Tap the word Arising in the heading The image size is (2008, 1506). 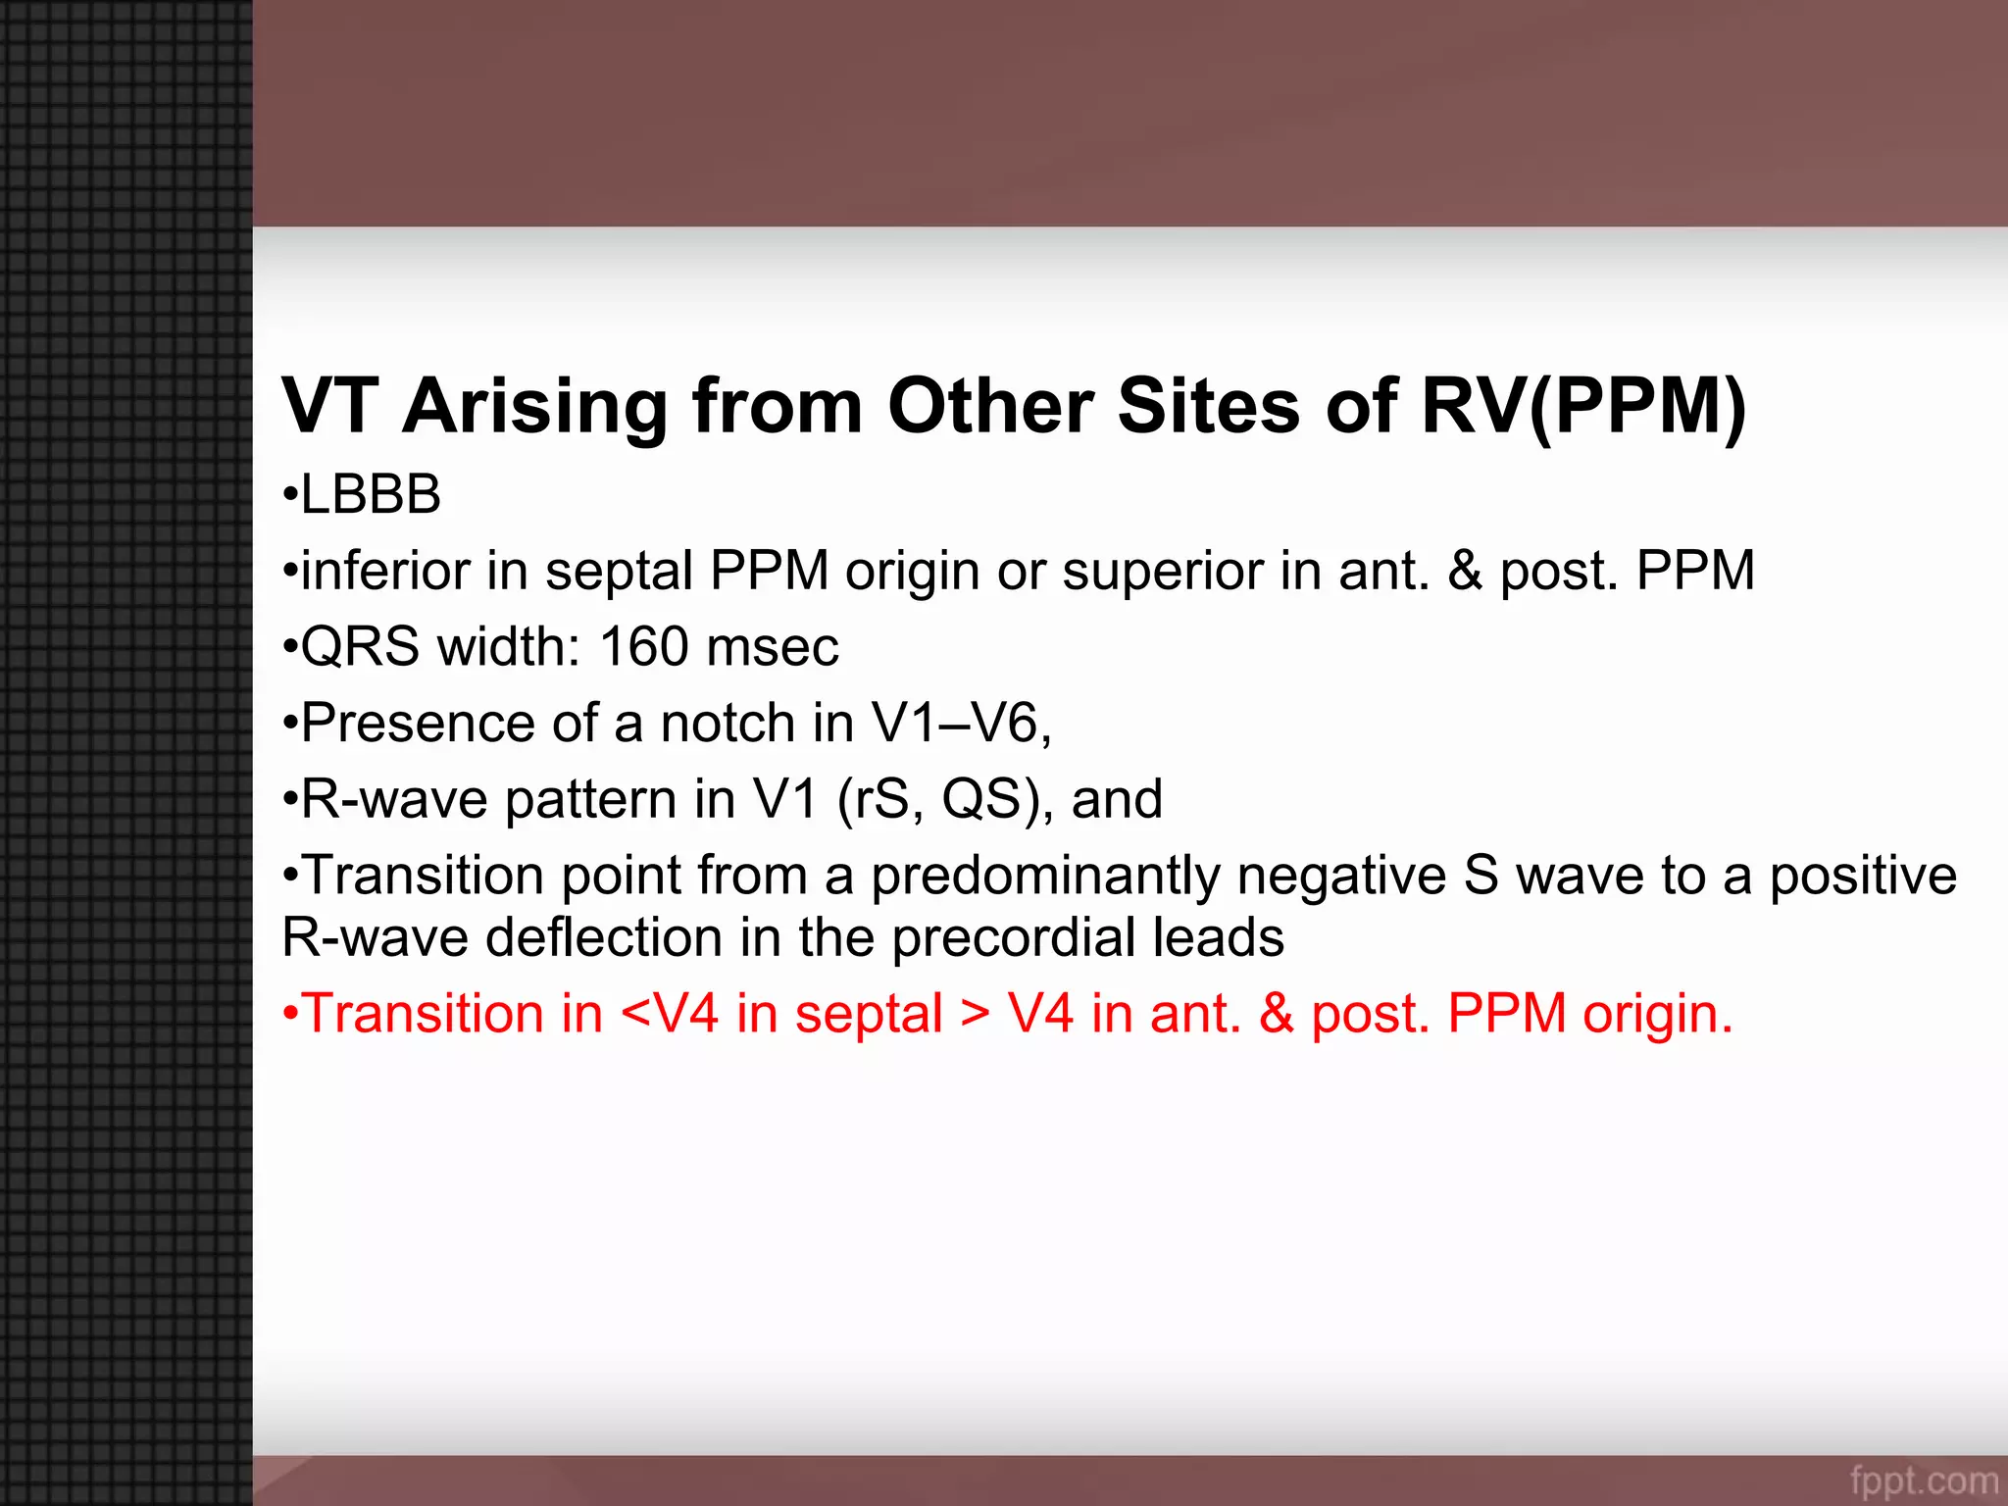tap(534, 406)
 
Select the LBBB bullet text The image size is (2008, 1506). tap(370, 494)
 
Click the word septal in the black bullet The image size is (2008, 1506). tap(619, 571)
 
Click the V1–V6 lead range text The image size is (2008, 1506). tap(961, 724)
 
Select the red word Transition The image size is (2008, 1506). tap(424, 1014)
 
